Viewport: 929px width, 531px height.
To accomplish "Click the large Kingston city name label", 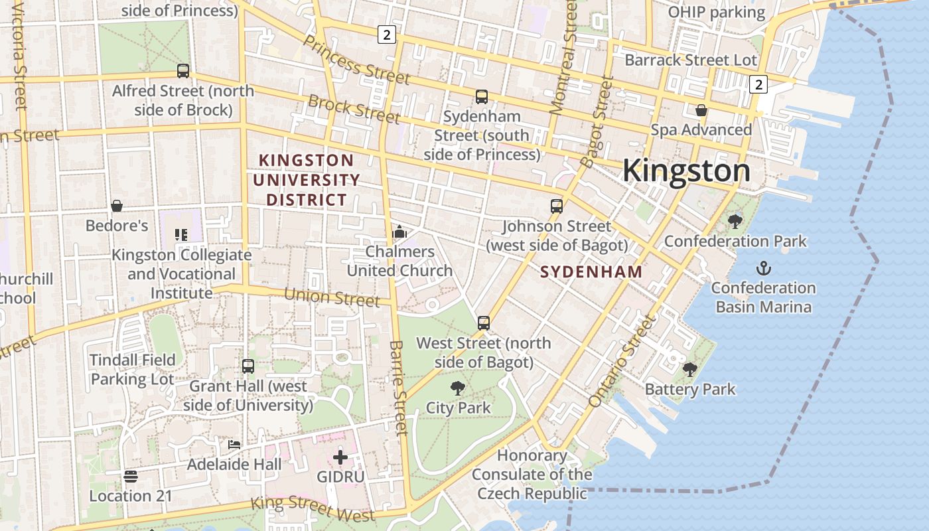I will point(686,171).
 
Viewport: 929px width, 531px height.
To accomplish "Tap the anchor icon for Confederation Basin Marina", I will point(764,269).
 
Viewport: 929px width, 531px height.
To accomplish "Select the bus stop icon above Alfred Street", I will point(182,70).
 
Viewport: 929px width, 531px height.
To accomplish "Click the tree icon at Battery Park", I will point(690,370).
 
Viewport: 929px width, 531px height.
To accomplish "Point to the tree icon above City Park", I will point(457,388).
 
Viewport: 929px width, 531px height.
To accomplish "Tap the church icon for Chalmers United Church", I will point(399,232).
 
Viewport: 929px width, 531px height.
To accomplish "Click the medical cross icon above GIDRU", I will point(340,457).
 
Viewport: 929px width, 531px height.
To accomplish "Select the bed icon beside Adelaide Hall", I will point(234,444).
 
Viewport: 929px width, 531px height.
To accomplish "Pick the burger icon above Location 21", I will point(130,476).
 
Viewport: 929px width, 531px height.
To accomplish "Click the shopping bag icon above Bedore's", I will point(117,206).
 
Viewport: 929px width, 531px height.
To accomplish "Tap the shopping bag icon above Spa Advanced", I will point(701,110).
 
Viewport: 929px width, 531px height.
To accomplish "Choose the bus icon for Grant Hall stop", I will point(248,366).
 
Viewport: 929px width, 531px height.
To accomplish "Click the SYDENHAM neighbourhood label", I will point(591,271).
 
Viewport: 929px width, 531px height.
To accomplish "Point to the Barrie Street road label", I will point(399,388).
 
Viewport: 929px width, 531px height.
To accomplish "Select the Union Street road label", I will point(332,297).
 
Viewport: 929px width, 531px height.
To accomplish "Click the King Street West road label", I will point(313,508).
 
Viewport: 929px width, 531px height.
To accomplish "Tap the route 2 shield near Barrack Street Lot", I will point(759,84).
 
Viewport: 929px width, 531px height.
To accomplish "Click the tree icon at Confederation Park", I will point(735,221).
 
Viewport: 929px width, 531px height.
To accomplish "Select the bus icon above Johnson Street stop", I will point(557,206).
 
